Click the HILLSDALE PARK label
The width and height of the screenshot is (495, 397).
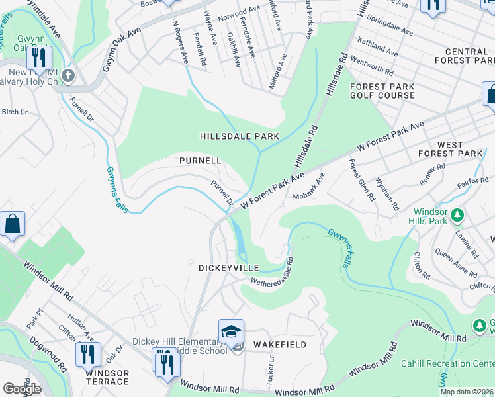pyautogui.click(x=240, y=136)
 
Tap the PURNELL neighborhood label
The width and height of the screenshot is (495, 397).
pyautogui.click(x=200, y=161)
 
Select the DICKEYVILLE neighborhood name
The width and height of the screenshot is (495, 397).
pyautogui.click(x=227, y=268)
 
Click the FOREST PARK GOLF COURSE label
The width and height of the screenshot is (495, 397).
pyautogui.click(x=382, y=91)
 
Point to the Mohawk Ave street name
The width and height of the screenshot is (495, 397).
pyautogui.click(x=310, y=187)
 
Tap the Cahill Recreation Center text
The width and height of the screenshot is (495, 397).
pyautogui.click(x=447, y=363)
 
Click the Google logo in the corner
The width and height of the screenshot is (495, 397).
pyautogui.click(x=22, y=389)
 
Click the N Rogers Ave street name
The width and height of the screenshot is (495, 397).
pyautogui.click(x=180, y=42)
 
